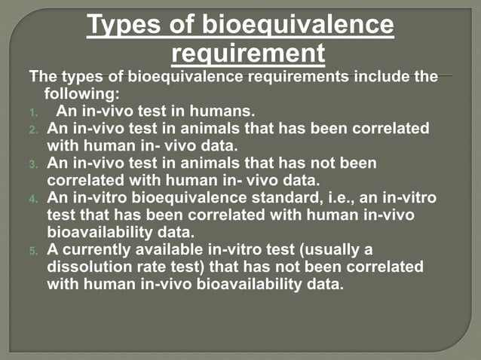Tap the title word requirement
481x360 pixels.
coord(249,53)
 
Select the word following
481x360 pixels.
coord(82,94)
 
